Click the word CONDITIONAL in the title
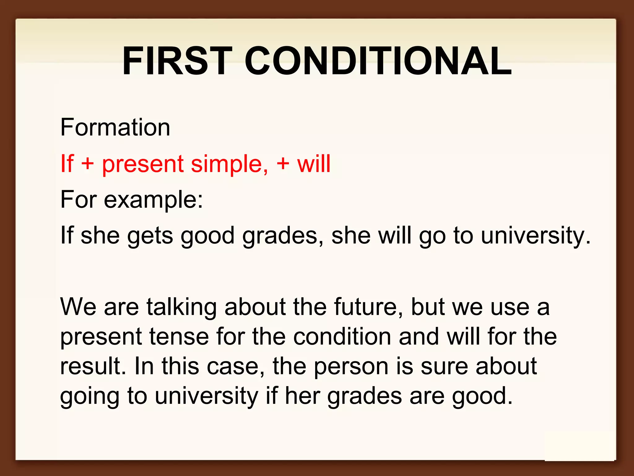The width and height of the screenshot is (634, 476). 378,61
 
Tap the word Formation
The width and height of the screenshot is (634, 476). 115,127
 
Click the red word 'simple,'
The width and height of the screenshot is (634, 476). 229,164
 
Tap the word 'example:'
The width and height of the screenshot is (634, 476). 153,200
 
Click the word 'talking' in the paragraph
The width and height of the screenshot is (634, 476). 181,307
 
